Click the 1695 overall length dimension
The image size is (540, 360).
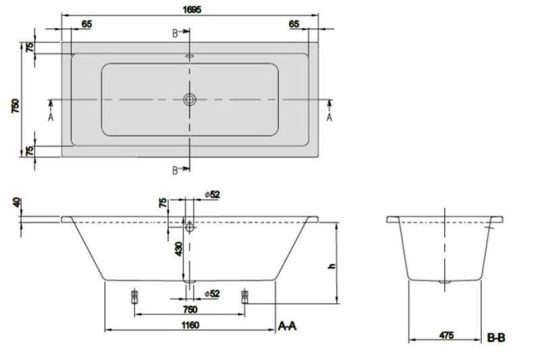[x=192, y=9]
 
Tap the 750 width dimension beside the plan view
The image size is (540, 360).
[x=16, y=106]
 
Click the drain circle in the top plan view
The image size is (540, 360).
[x=190, y=99]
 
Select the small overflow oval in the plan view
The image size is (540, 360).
[x=190, y=56]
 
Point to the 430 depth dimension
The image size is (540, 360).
[x=179, y=249]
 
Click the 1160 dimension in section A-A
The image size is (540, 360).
[x=190, y=325]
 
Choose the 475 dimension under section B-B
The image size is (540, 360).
[x=447, y=335]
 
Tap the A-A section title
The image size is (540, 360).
[x=288, y=326]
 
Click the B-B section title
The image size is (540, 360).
[x=496, y=338]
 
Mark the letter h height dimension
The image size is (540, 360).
[x=332, y=266]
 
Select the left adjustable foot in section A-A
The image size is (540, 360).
[x=134, y=297]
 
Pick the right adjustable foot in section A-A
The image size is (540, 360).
[x=244, y=297]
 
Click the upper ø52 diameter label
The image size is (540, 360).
[x=212, y=195]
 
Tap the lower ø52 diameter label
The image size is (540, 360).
[x=212, y=294]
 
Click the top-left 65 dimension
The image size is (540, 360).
[x=87, y=24]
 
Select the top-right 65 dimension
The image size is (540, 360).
[x=294, y=24]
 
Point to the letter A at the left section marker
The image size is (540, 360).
[x=51, y=118]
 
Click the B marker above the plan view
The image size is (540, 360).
[x=175, y=33]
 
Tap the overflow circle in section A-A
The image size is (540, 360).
[x=190, y=228]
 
